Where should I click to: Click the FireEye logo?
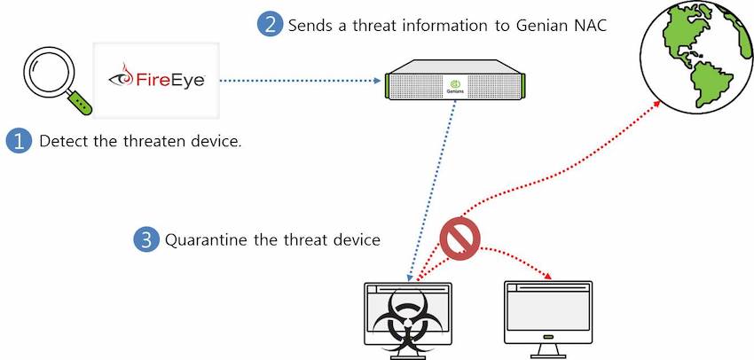[157, 79]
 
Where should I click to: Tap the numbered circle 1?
[19, 140]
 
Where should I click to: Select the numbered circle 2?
[271, 24]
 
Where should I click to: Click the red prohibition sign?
[459, 238]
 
